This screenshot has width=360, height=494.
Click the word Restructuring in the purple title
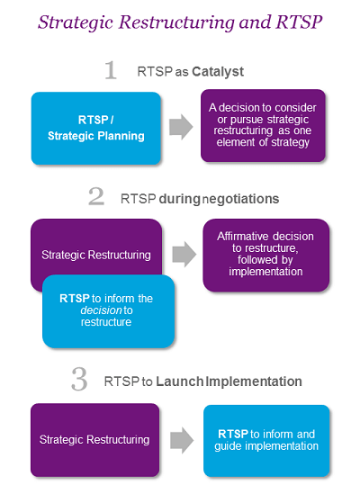click(x=176, y=23)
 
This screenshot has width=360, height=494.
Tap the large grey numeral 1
click(x=111, y=70)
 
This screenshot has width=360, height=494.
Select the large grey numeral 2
click(x=96, y=196)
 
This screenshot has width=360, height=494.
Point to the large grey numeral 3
click(x=79, y=380)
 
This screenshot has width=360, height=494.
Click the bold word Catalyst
click(x=218, y=72)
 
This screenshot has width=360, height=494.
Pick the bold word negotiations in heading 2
click(x=240, y=199)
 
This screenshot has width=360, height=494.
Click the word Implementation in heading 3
click(x=254, y=382)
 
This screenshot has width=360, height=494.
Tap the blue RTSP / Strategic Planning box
click(x=96, y=129)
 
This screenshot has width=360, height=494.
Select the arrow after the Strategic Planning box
click(x=181, y=127)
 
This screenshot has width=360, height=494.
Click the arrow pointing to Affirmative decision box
click(x=184, y=255)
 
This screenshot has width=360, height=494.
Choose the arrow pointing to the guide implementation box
click(x=182, y=440)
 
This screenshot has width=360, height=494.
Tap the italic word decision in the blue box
click(x=101, y=310)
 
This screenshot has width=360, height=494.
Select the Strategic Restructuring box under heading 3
click(x=94, y=440)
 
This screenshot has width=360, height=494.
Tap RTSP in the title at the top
click(x=299, y=22)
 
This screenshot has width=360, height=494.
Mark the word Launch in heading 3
click(x=180, y=382)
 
